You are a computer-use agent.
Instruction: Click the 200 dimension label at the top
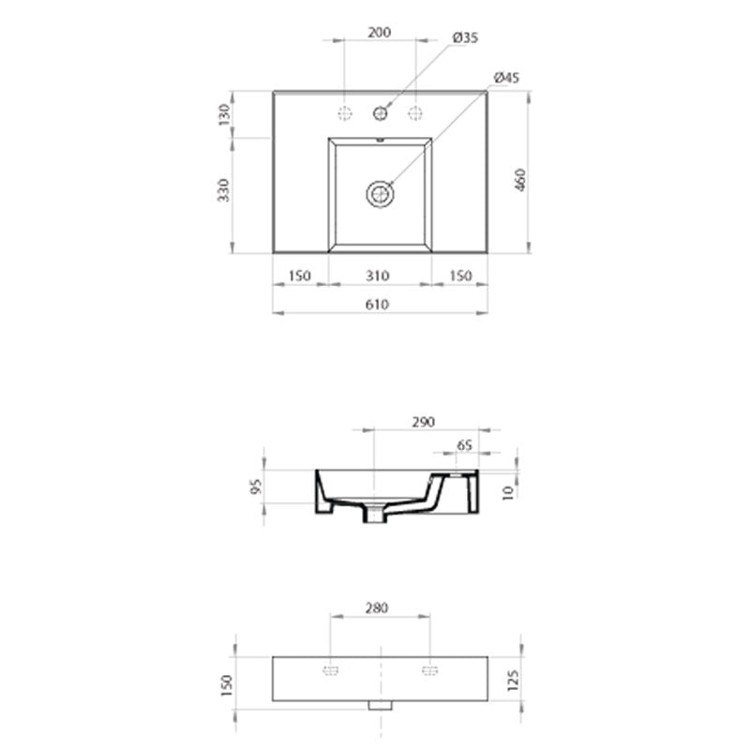[x=379, y=31]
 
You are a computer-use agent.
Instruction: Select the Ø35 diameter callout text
[x=466, y=37]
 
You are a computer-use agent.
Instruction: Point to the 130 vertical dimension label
[x=224, y=115]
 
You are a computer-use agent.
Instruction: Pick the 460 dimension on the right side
[x=522, y=180]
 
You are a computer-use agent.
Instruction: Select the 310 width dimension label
[x=379, y=276]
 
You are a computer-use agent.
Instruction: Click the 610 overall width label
[x=379, y=304]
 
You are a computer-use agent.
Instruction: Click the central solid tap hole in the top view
[x=380, y=113]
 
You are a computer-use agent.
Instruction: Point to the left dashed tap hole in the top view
[x=345, y=113]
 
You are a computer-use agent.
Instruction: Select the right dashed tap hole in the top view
[x=414, y=113]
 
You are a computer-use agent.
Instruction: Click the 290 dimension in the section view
[x=423, y=423]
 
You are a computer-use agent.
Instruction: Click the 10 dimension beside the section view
[x=507, y=491]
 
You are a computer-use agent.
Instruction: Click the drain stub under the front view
[x=380, y=704]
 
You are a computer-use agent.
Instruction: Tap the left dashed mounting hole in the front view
[x=330, y=670]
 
